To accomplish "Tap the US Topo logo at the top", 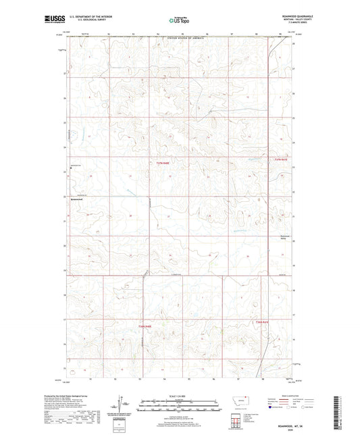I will (x=179, y=20).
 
